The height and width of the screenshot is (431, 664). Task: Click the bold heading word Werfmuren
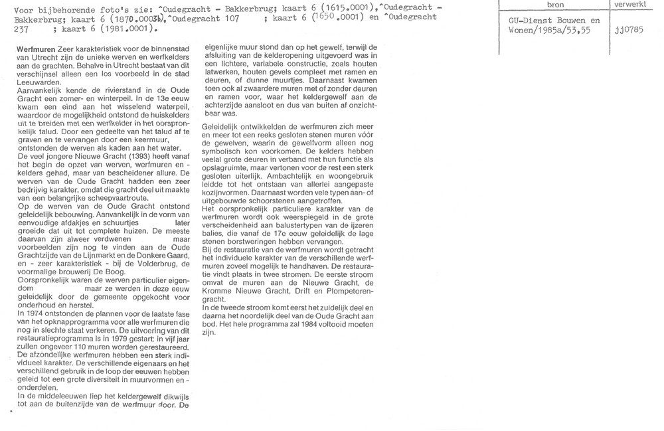click(x=35, y=50)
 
